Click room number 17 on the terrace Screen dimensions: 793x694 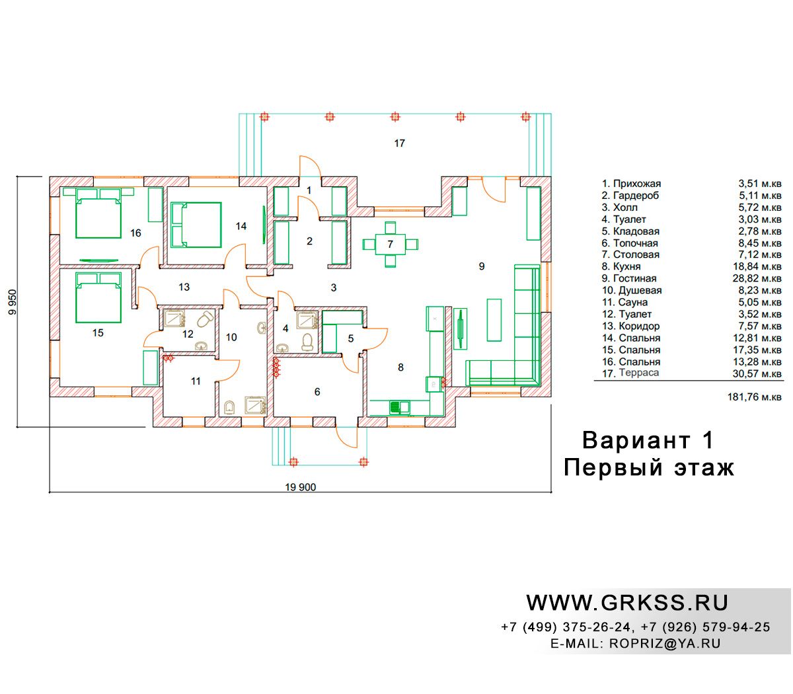point(399,143)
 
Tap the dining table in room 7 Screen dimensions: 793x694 point(390,245)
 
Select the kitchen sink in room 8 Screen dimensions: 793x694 point(399,406)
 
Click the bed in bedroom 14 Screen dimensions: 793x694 point(196,225)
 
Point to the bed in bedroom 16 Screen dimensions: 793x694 point(98,213)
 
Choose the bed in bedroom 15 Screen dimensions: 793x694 point(98,297)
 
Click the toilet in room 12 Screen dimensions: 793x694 point(204,320)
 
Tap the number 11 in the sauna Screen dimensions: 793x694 point(196,381)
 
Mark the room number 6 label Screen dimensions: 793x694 point(317,392)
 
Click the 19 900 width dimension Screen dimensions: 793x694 point(301,487)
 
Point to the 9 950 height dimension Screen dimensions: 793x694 point(13,301)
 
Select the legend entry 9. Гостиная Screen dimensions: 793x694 point(628,278)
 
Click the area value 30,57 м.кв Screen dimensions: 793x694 point(757,373)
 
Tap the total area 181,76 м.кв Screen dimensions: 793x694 point(754,397)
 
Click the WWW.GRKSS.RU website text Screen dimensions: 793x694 point(627,603)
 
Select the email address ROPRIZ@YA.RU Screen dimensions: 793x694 point(665,644)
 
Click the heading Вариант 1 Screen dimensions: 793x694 point(648,440)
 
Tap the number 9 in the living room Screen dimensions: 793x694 point(481,266)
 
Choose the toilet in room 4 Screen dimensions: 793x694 point(307,341)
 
